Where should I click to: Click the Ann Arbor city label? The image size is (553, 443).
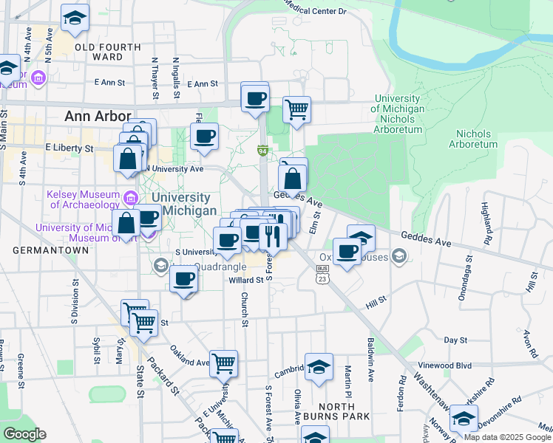coord(98,116)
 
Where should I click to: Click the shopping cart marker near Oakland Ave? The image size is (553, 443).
coord(223,363)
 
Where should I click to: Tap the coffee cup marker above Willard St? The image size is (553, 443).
coord(184,279)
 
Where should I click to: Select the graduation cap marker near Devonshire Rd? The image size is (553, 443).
coord(464,418)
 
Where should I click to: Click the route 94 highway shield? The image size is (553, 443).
coord(262,151)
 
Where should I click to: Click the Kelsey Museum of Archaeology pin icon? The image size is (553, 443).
coord(131,197)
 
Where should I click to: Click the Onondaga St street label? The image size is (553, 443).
coord(467,274)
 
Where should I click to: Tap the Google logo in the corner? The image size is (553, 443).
coord(24,434)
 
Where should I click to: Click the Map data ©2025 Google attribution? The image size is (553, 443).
coord(507,437)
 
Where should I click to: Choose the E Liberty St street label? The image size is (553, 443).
coord(69,148)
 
